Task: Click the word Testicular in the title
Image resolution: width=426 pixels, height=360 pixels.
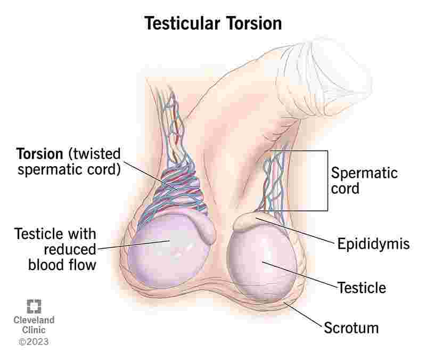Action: point(182,23)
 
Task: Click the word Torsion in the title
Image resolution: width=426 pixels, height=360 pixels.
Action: point(254,23)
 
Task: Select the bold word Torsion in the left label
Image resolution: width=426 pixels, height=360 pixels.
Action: point(39,154)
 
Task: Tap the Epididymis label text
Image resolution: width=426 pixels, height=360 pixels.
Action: point(373,244)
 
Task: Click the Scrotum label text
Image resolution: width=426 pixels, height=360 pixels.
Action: point(351,328)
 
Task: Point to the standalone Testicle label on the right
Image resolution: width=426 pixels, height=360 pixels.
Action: point(362,288)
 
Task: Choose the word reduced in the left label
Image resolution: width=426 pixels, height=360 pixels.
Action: point(70,249)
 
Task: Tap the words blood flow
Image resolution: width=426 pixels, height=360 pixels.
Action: point(62,265)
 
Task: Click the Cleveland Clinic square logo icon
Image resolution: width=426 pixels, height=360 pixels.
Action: point(34,306)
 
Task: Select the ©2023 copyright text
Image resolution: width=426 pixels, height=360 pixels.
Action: point(34,341)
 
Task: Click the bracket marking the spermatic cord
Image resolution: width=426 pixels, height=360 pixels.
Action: point(327,181)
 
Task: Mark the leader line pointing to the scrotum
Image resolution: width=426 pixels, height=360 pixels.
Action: point(303,314)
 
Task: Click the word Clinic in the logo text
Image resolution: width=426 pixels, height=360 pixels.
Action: point(34,330)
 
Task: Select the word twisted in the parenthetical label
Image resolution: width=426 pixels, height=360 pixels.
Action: point(95,154)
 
